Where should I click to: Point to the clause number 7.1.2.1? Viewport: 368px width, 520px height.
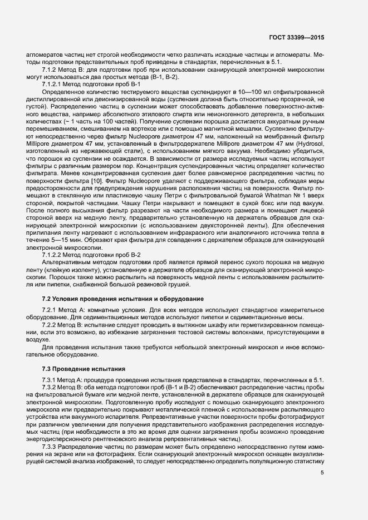tap(54, 83)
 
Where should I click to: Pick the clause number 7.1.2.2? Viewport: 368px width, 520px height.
tap(54, 254)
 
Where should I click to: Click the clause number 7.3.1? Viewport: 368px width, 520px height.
tap(51, 379)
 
